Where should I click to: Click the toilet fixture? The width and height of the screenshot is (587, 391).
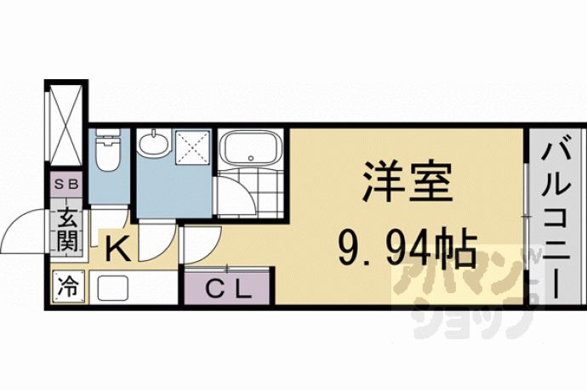107,150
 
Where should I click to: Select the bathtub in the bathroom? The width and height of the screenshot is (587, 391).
250,148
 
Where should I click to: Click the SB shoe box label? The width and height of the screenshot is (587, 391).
66,184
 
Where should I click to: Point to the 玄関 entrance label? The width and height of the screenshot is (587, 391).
67,229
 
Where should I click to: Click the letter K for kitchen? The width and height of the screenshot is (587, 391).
118,249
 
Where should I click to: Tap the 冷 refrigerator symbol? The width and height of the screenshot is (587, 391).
68,287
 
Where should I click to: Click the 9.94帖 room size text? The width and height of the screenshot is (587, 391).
407,247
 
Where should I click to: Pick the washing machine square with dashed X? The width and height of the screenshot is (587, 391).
191,147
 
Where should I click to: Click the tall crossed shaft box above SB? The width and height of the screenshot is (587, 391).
66,125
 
